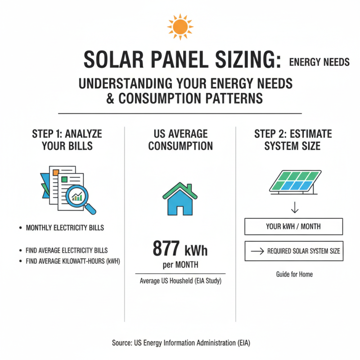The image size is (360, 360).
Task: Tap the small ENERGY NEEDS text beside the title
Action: tap(319, 62)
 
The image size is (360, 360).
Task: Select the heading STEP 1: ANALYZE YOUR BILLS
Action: tap(67, 140)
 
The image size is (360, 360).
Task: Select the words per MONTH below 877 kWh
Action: tap(180, 265)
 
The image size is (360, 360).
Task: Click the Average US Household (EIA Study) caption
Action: tap(180, 281)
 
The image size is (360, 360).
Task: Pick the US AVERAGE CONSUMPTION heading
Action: tap(180, 140)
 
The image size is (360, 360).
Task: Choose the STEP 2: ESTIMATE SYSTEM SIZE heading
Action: tap(293, 140)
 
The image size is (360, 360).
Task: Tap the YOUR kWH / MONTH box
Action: tap(293, 226)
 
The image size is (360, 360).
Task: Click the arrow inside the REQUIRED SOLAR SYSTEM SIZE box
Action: tap(256, 252)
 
